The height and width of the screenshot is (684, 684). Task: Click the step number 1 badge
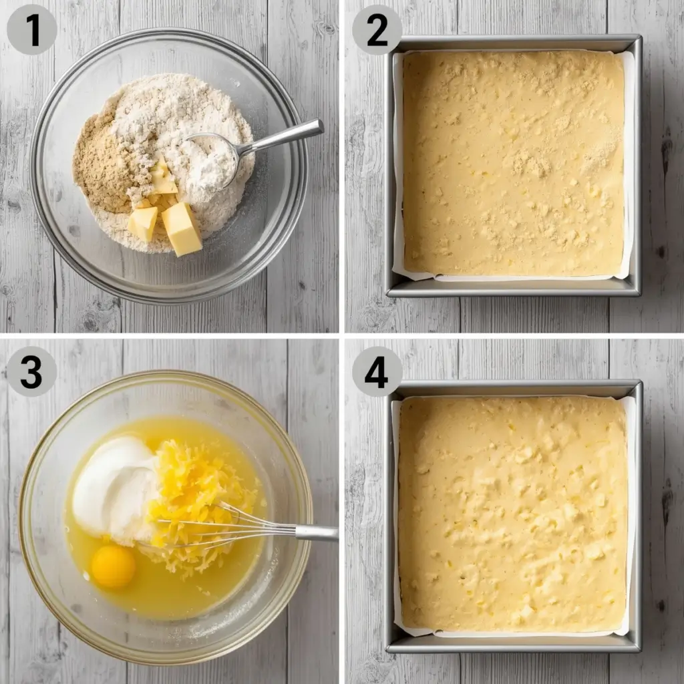[31, 29]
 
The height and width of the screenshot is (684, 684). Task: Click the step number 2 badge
[377, 29]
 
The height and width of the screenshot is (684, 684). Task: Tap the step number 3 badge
[31, 371]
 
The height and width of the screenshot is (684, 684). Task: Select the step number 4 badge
[377, 371]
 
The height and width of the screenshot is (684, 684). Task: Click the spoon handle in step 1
[287, 136]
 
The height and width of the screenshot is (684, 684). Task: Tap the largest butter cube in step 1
[182, 228]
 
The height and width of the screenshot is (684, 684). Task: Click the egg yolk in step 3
[113, 566]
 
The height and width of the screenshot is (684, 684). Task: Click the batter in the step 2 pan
[513, 164]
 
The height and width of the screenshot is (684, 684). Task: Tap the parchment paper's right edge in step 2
[628, 167]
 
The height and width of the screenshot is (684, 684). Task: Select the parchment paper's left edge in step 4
[395, 514]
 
